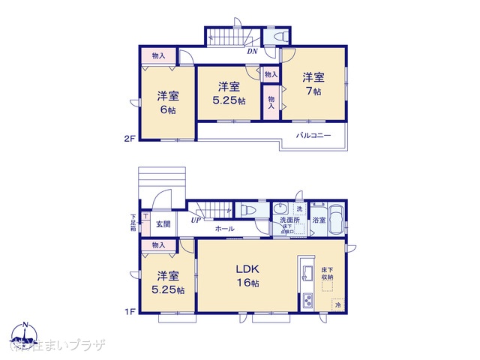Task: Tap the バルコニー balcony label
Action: click(313, 135)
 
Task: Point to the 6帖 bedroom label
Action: click(167, 102)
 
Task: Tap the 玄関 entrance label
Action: click(163, 224)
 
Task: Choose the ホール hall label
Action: click(223, 229)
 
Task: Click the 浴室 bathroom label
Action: click(319, 220)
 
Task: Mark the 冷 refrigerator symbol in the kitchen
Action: click(337, 306)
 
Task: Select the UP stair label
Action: click(195, 220)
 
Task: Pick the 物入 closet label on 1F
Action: click(158, 245)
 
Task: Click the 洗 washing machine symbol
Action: click(298, 208)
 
